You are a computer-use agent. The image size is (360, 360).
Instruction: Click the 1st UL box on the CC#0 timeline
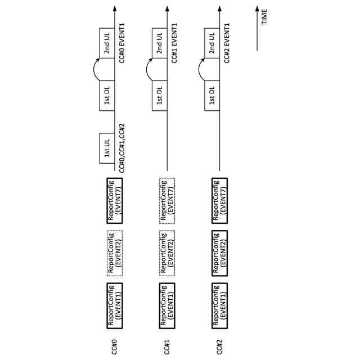coord(107,148)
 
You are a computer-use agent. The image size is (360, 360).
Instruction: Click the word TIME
coord(264,17)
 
